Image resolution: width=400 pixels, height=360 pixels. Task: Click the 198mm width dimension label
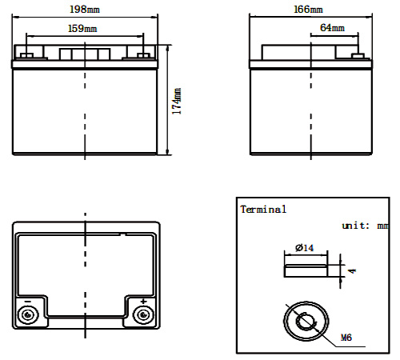coord(85,10)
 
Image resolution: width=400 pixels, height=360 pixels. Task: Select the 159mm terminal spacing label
coord(82,29)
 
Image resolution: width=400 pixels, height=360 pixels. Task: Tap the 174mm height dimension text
coord(177,102)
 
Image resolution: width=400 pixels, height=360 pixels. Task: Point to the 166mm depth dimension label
coord(308,10)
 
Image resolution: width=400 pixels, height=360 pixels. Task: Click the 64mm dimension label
coord(332,28)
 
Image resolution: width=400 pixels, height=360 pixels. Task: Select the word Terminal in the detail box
coord(263,210)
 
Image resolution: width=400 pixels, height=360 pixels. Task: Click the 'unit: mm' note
coord(365,226)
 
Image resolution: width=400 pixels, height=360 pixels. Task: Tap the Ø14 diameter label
coord(305,248)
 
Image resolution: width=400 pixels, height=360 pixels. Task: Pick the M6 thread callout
coord(346,338)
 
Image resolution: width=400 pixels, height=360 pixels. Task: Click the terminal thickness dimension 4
coord(353,271)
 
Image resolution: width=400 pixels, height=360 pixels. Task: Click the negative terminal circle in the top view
coord(28,314)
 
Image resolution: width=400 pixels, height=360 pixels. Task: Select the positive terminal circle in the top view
coord(143,314)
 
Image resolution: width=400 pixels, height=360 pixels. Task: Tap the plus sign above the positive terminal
coord(144,302)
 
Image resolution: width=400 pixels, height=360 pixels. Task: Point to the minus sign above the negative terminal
coord(28,302)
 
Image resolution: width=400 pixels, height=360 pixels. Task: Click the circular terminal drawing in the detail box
coord(306,322)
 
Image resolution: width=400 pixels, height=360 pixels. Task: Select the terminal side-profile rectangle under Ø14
coord(306,270)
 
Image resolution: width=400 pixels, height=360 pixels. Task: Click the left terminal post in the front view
coord(26,55)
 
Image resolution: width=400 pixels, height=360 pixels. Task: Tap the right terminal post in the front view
coord(143,55)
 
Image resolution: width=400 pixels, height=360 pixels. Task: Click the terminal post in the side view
coord(358,56)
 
